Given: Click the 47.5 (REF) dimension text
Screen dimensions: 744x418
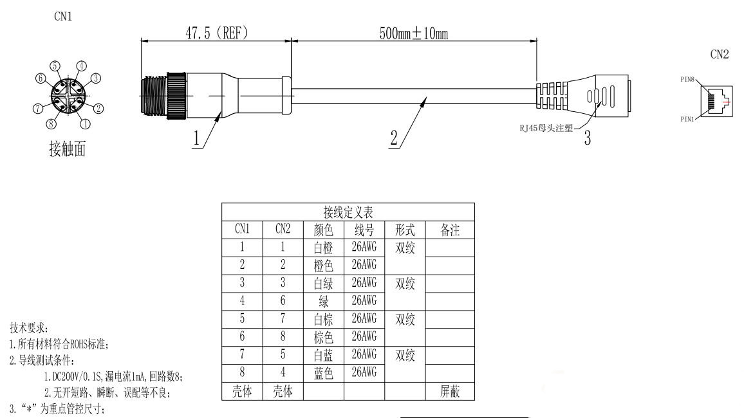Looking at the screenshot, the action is click(x=216, y=33).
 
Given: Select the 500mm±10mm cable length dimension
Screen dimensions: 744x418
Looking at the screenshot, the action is click(x=414, y=33).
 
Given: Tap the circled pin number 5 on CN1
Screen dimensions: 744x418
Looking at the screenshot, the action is click(x=55, y=66).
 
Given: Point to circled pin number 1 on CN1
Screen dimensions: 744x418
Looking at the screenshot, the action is click(x=85, y=124).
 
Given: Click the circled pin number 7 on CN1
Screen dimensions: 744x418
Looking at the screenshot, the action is click(x=38, y=109).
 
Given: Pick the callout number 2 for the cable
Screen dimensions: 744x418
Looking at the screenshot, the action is click(x=394, y=138).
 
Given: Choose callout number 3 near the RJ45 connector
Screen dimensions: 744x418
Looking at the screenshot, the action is click(x=588, y=138).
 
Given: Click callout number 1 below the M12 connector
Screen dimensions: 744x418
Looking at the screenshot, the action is click(x=196, y=138).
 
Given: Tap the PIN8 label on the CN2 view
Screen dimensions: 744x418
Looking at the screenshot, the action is click(x=687, y=79).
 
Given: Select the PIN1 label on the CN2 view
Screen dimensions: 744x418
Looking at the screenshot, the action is click(x=687, y=119).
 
